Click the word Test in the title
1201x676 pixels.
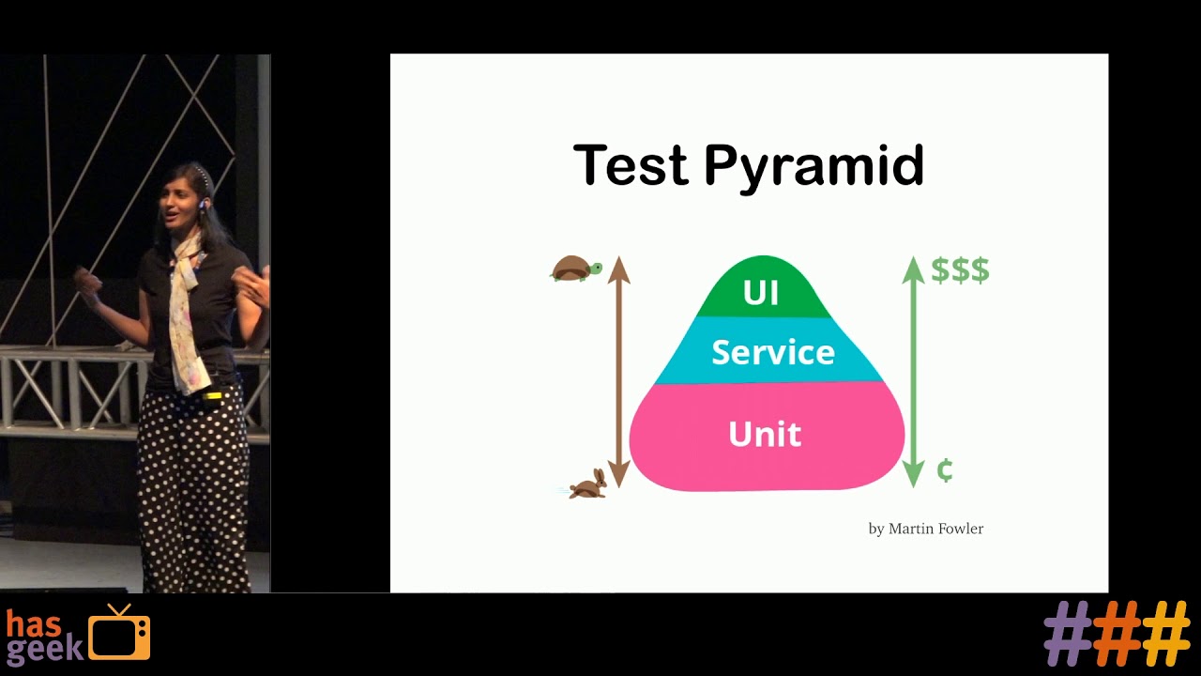click(x=631, y=165)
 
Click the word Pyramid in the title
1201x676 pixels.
click(x=813, y=167)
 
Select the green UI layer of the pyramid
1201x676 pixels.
click(x=761, y=291)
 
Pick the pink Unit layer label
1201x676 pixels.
click(x=765, y=434)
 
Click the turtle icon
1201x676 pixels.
click(x=575, y=269)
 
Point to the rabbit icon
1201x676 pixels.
click(x=588, y=484)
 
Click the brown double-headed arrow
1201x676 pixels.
click(x=618, y=371)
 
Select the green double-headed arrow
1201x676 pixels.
click(x=913, y=371)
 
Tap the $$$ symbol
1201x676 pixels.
click(x=960, y=270)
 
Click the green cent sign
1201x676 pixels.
click(x=945, y=470)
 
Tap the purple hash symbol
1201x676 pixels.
click(x=1068, y=634)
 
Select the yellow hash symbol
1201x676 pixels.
click(x=1165, y=634)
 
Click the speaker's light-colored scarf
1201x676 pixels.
click(x=185, y=310)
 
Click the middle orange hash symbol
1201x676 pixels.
click(x=1117, y=634)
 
